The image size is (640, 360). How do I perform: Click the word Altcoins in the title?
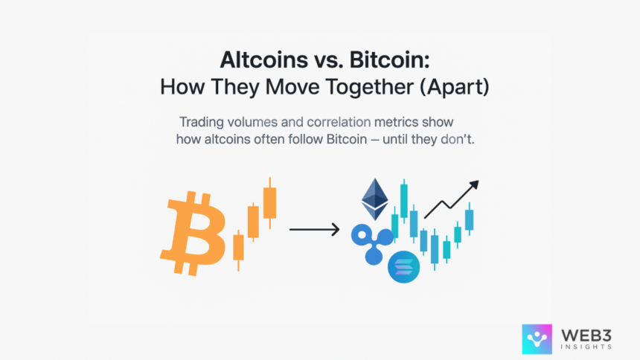263,60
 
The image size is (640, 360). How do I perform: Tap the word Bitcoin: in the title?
390,60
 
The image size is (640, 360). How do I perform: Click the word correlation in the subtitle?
339,122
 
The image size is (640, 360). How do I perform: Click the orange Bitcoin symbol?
193,233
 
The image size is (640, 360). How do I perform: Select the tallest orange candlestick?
270,203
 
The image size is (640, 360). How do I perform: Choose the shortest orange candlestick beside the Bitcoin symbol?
238,250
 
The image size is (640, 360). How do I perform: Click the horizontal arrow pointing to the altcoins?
314,229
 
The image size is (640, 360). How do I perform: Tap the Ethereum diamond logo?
374,199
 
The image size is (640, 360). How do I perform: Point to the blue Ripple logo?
372,244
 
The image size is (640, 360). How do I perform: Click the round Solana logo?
403,267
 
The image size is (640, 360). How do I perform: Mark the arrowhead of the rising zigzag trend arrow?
473,185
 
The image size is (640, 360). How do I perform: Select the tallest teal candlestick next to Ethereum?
404,201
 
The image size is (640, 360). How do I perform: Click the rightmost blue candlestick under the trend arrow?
470,219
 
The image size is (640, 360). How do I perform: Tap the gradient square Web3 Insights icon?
537,339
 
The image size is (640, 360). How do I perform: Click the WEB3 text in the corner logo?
586,336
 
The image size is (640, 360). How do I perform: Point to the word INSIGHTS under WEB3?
586,347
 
